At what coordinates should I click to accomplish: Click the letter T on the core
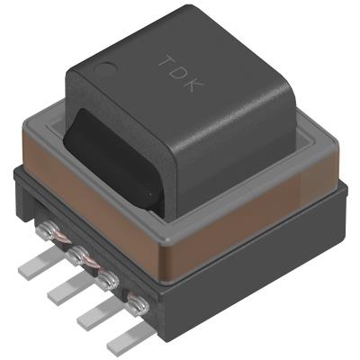[x=166, y=58]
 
